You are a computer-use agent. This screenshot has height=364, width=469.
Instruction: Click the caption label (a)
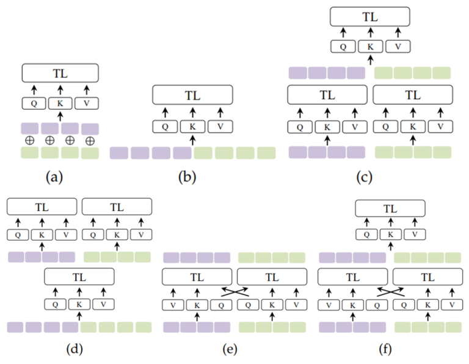click(x=54, y=177)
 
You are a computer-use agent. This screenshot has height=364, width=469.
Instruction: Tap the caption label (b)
click(x=187, y=177)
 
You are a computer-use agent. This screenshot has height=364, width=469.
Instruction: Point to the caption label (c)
click(x=365, y=177)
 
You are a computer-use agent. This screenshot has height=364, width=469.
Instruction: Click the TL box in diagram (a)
click(x=60, y=73)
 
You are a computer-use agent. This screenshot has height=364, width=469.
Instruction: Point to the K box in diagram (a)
click(x=60, y=103)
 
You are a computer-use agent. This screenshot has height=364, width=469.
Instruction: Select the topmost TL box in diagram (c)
click(x=369, y=16)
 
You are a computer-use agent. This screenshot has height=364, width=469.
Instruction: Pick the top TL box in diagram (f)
click(x=390, y=209)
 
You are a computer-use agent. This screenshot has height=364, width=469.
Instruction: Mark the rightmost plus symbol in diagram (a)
click(x=90, y=140)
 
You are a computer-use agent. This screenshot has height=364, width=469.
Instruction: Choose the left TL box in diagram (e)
click(x=197, y=277)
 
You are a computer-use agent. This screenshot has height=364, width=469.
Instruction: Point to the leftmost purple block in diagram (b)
click(x=118, y=152)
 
